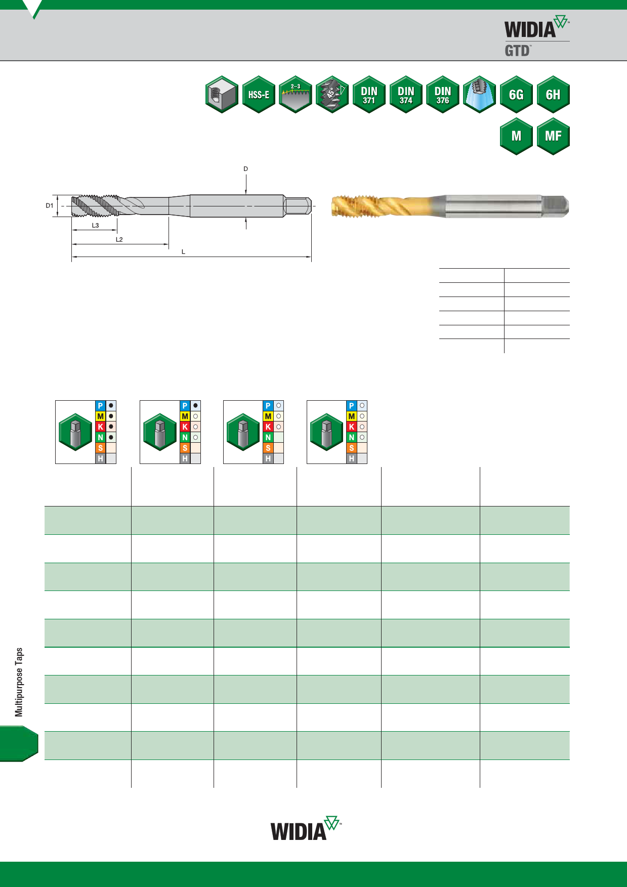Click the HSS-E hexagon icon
[259, 95]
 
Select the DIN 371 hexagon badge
[369, 95]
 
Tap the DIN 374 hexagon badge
[406, 95]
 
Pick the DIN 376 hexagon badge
[443, 95]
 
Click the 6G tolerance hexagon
[516, 95]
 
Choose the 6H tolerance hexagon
[553, 95]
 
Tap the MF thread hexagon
[553, 136]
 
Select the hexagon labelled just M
[516, 136]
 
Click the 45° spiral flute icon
[332, 95]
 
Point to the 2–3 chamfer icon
[296, 95]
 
